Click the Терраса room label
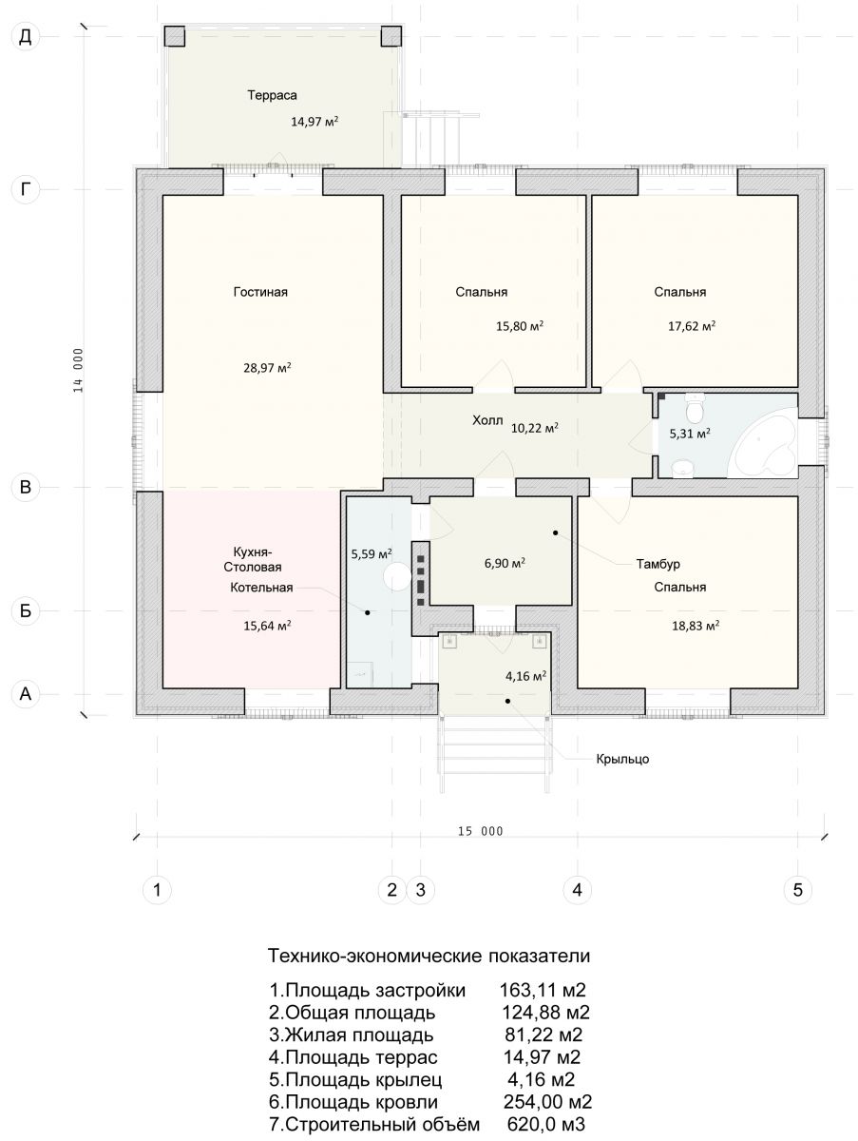tap(272, 96)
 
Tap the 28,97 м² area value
tap(267, 368)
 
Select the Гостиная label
tap(260, 292)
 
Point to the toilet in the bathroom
tap(695, 408)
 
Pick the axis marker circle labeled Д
tap(26, 37)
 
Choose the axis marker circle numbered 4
tap(577, 890)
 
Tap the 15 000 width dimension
tap(481, 832)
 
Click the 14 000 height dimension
tap(78, 370)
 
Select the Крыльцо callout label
tap(622, 760)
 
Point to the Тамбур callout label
tap(658, 564)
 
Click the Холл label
tap(487, 420)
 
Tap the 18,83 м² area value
tap(696, 626)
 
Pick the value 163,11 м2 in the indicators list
tap(543, 990)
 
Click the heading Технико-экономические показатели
tap(429, 957)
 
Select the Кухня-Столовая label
tap(253, 559)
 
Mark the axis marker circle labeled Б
tap(26, 611)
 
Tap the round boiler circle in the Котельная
tap(397, 576)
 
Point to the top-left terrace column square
tap(175, 36)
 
